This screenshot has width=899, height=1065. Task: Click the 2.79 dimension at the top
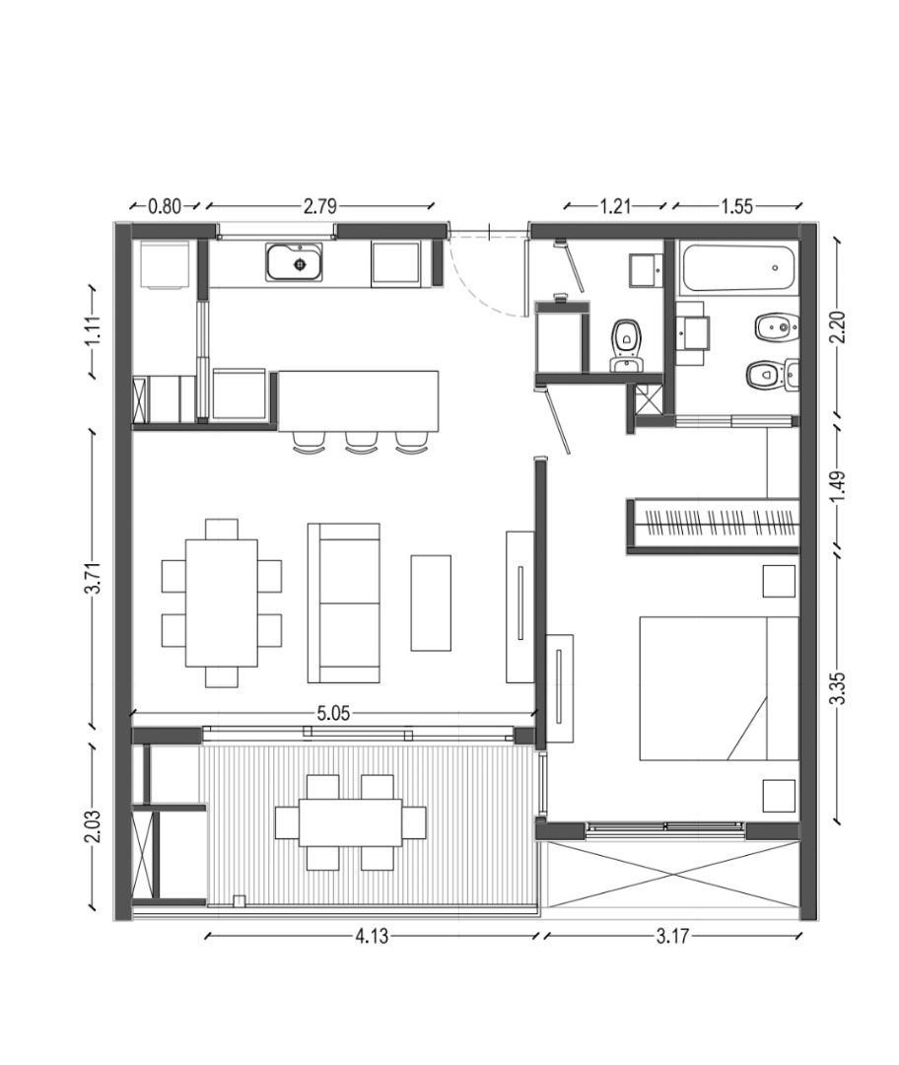(x=320, y=206)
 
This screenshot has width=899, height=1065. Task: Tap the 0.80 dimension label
(x=165, y=206)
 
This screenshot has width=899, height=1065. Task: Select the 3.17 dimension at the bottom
(x=674, y=936)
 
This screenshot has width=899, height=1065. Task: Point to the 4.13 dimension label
(x=371, y=936)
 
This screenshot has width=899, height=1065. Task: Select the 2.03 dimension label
(x=93, y=828)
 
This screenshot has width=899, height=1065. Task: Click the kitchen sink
(x=294, y=262)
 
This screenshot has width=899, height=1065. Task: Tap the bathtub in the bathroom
(x=738, y=267)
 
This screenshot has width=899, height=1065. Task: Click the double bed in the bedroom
(x=718, y=688)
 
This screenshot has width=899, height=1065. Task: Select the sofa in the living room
(x=343, y=603)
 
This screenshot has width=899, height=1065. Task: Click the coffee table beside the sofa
(x=431, y=603)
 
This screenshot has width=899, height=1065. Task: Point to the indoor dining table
(x=221, y=603)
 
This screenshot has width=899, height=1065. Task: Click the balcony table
(x=350, y=822)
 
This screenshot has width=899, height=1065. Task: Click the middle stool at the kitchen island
(x=361, y=443)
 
